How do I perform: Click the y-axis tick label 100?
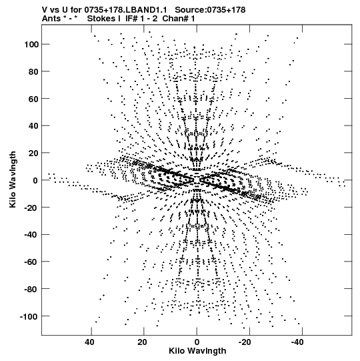(31, 44)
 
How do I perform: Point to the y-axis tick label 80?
(33, 71)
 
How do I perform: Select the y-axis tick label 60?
(33, 99)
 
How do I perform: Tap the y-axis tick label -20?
(31, 208)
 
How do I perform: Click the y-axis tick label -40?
(31, 235)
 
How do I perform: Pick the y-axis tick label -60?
(31, 262)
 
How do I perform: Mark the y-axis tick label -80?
(31, 289)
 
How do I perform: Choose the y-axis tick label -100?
(29, 316)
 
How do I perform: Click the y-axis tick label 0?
(35, 180)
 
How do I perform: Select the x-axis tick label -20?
(245, 342)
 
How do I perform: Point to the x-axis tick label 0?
(197, 342)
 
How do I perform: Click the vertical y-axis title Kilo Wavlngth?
(13, 179)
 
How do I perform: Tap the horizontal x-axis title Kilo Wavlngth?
(197, 351)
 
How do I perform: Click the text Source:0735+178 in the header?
(210, 10)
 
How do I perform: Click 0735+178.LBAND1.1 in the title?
(125, 10)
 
